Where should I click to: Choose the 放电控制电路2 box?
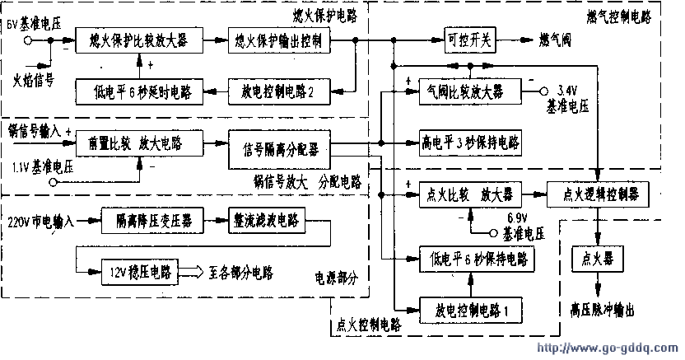[x=281, y=90]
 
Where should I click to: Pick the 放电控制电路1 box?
[x=472, y=312]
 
